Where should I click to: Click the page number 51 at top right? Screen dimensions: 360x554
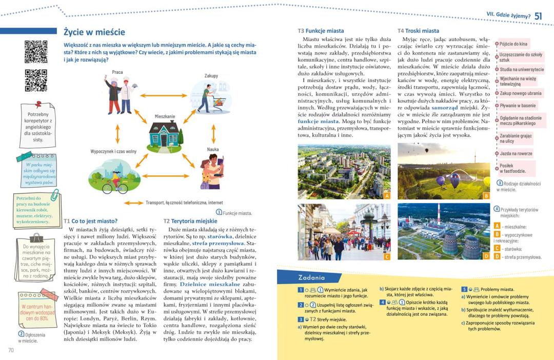pos(538,16)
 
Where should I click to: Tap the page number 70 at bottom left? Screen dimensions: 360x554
pos(11,350)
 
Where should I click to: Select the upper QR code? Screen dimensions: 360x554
pos(36,51)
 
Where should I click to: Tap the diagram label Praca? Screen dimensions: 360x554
pos(117,72)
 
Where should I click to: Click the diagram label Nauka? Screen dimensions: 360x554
pos(213,149)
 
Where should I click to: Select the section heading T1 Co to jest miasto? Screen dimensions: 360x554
pos(90,221)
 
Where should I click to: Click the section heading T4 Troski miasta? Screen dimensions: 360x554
pos(418,31)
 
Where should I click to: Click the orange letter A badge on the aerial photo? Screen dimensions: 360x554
pos(387,195)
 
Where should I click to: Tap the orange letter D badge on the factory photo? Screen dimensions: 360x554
pos(486,256)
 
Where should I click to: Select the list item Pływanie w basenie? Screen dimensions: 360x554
pos(518,106)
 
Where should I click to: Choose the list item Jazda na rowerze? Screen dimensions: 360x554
pos(516,153)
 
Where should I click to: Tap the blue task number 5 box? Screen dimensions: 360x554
pos(464,289)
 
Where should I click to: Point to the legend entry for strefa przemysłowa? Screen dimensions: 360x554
pos(518,257)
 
